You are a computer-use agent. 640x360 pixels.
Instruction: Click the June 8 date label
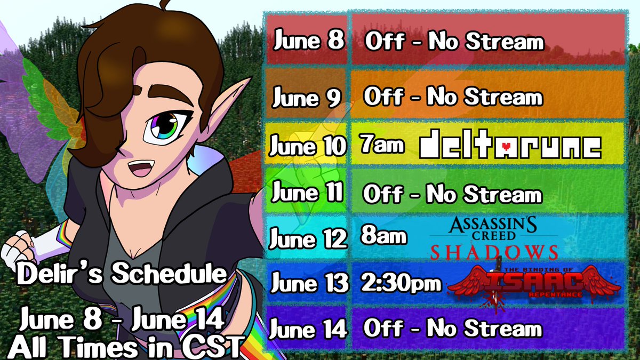(x=309, y=41)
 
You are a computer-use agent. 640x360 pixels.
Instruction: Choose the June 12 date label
(x=308, y=238)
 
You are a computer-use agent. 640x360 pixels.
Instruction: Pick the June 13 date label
(x=308, y=283)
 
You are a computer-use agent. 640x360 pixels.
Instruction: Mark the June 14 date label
(x=308, y=329)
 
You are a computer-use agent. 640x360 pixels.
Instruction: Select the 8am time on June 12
(x=383, y=236)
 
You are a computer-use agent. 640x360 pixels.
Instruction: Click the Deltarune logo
(x=510, y=146)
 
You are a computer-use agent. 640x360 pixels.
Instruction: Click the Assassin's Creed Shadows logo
(x=494, y=238)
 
